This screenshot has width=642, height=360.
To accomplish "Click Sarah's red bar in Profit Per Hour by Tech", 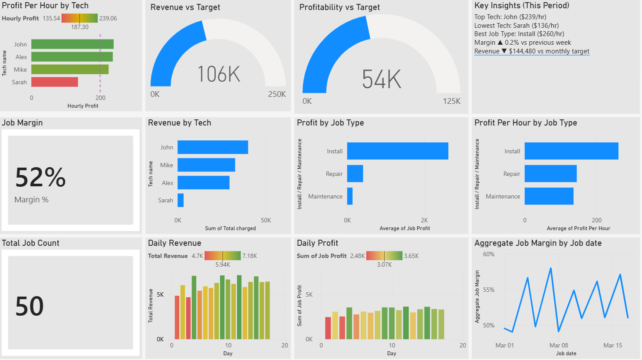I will click(55, 82).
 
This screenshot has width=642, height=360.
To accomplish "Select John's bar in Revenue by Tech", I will click(213, 147).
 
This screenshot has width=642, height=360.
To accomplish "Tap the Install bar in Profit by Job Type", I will click(397, 151).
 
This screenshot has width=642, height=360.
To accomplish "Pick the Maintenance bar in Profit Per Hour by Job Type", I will click(549, 196).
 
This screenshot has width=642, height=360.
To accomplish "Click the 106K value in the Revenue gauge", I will click(219, 74).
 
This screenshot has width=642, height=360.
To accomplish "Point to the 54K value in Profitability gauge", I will click(382, 79).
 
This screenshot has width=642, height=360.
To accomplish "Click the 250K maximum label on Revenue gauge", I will click(277, 94).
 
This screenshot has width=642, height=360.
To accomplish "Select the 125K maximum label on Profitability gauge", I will click(451, 101).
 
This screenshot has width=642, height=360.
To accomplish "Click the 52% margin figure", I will click(40, 177).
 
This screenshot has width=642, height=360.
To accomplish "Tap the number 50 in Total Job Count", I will click(30, 306).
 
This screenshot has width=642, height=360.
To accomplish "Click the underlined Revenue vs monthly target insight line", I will click(532, 51).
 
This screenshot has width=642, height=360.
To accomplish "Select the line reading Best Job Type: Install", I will click(519, 34).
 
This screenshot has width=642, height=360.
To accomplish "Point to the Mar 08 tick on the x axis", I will click(558, 345).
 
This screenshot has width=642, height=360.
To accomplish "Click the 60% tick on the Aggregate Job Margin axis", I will click(489, 254).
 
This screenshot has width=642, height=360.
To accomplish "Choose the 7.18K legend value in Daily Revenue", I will click(250, 256).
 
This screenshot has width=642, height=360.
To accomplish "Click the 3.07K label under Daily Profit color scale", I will click(384, 264).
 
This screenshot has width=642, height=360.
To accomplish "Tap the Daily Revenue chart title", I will click(174, 243).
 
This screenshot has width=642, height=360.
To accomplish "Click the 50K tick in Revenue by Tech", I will click(266, 220).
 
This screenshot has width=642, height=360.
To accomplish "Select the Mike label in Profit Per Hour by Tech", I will click(20, 69).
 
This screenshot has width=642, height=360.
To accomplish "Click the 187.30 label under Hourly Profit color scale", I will click(80, 27).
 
